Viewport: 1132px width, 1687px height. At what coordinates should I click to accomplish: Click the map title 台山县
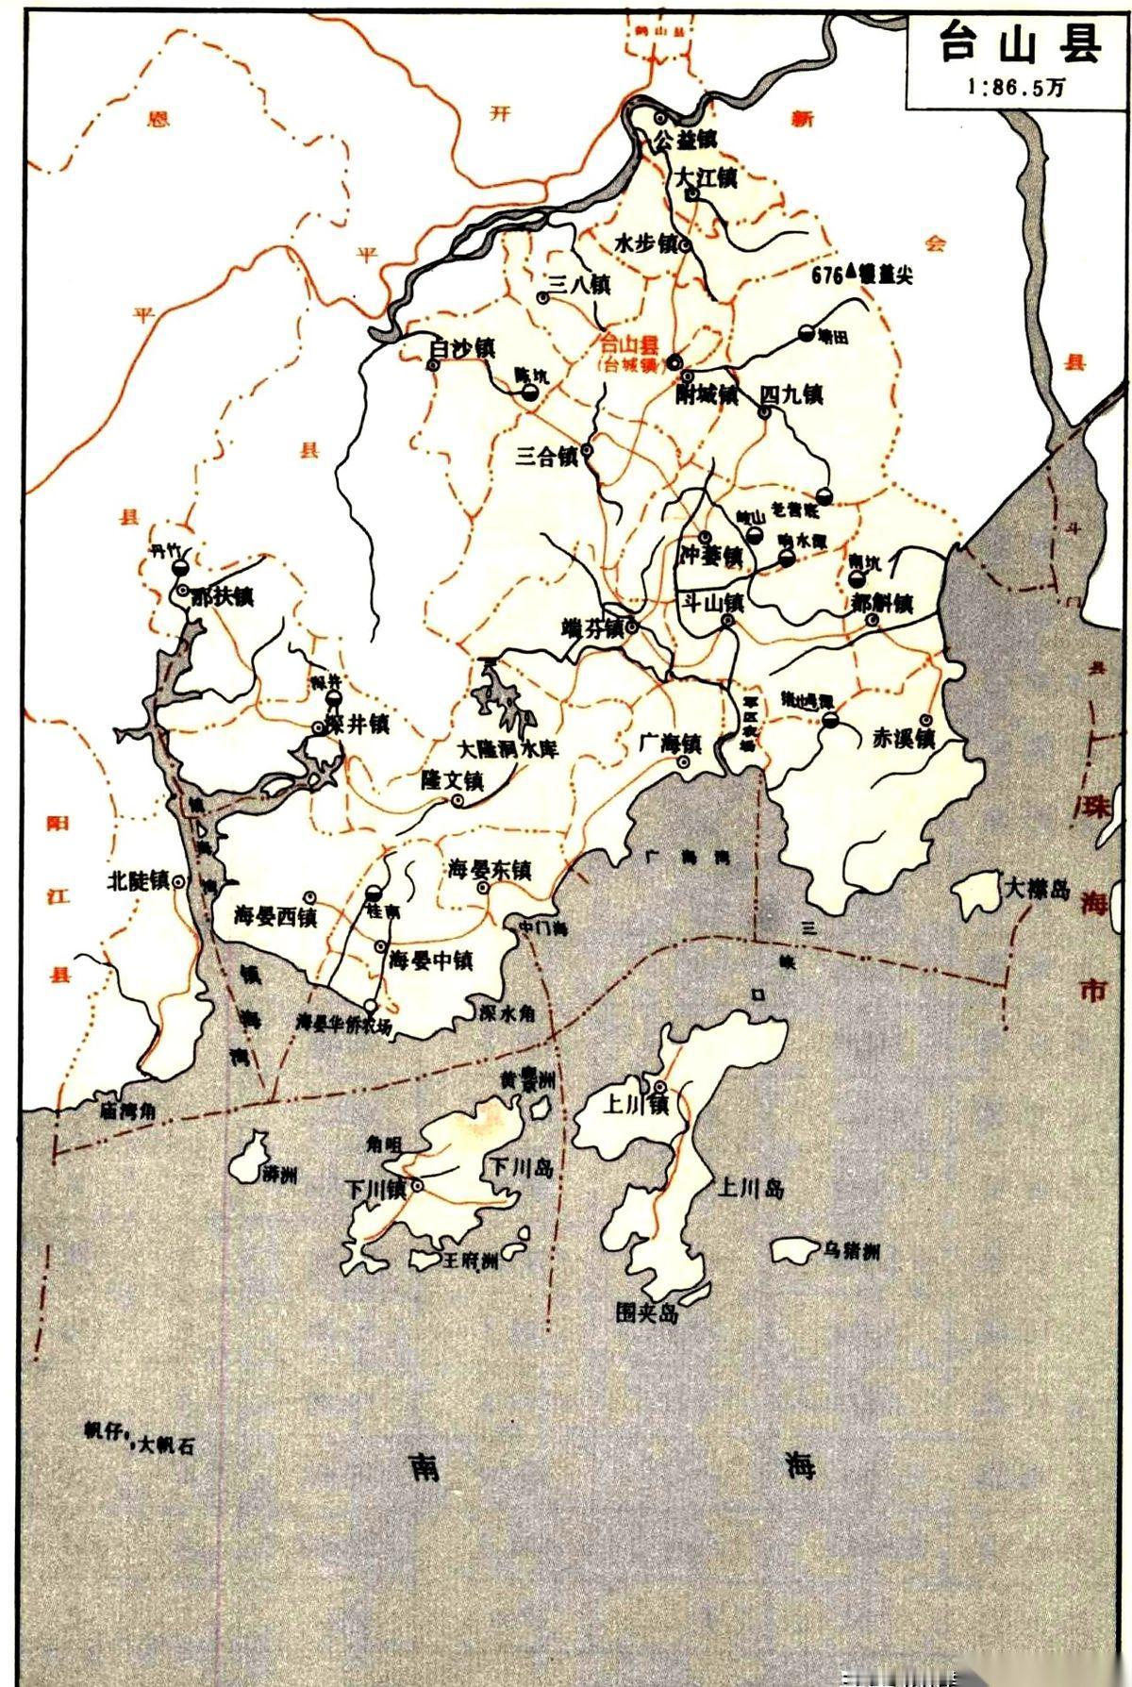pyautogui.click(x=1020, y=44)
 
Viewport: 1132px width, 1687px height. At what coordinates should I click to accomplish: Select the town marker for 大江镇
pyautogui.click(x=691, y=194)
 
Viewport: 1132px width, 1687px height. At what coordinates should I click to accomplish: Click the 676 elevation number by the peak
pyautogui.click(x=826, y=275)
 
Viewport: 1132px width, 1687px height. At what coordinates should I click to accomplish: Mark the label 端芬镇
pyautogui.click(x=591, y=628)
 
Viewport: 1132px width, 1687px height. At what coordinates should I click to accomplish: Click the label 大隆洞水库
pyautogui.click(x=508, y=749)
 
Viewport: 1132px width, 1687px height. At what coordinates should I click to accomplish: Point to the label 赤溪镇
pyautogui.click(x=902, y=739)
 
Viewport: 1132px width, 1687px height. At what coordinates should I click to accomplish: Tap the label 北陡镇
pyautogui.click(x=138, y=880)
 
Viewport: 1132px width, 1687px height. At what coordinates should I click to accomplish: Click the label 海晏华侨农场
pyautogui.click(x=342, y=1024)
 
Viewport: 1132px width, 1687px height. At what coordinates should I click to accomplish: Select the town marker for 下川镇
pyautogui.click(x=417, y=1186)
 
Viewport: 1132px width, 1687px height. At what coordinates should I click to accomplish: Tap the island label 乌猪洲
pyautogui.click(x=851, y=1252)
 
